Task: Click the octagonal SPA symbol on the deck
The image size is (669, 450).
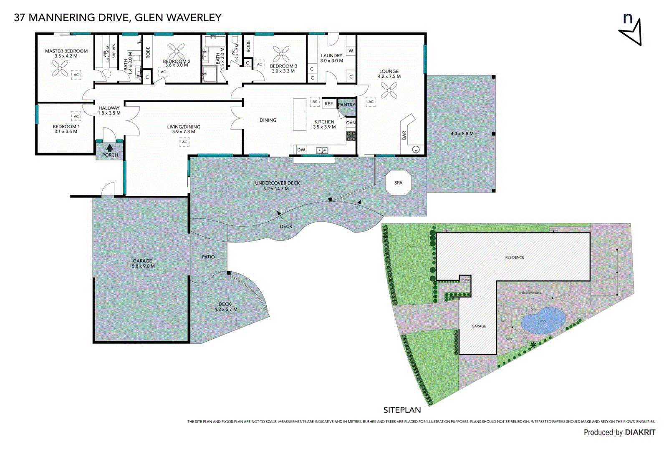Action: click(x=398, y=182)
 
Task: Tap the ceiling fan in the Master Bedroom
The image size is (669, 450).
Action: click(x=60, y=68)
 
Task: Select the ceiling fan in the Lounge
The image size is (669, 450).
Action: click(x=389, y=90)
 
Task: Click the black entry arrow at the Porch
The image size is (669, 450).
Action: click(x=110, y=147)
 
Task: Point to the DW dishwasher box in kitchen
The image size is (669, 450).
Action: click(x=301, y=150)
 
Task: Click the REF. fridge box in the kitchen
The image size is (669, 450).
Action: click(x=329, y=104)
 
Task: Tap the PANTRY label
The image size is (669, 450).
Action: click(x=346, y=105)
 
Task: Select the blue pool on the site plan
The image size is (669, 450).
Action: click(x=543, y=321)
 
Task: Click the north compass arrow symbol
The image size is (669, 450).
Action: click(x=632, y=33)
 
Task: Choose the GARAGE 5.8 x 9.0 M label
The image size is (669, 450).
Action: click(x=143, y=263)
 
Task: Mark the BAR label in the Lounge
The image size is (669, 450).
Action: click(x=404, y=135)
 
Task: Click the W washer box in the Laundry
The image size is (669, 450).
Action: click(x=351, y=51)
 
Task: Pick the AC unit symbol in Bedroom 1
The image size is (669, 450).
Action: click(x=76, y=117)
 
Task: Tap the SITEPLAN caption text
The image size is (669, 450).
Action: click(x=402, y=410)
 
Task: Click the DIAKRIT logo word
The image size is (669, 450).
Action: click(x=640, y=432)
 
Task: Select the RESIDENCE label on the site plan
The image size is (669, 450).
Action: click(x=514, y=257)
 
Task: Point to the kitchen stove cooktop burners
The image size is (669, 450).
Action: click(x=351, y=136)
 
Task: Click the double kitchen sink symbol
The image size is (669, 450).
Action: click(x=322, y=150)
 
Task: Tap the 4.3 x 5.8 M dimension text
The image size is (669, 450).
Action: click(x=462, y=134)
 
